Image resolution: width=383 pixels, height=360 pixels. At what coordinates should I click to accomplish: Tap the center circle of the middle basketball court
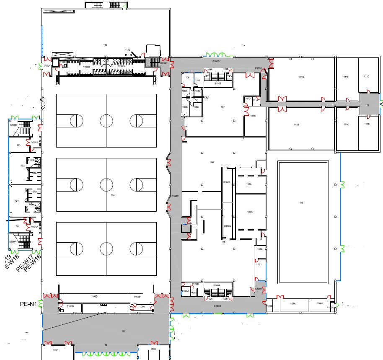pyautogui.click(x=106, y=184)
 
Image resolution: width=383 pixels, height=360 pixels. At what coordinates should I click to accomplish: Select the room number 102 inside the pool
pyautogui.click(x=301, y=203)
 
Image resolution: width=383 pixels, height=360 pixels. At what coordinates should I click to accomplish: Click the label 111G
pyautogui.click(x=301, y=77)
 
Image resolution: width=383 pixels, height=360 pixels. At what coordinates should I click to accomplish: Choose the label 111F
pyautogui.click(x=346, y=77)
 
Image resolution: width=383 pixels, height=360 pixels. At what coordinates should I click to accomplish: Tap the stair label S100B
pyautogui.click(x=218, y=84)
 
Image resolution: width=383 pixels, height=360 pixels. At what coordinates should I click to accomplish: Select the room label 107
pyautogui.click(x=223, y=107)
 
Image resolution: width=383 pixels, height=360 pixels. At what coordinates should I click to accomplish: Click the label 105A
pyautogui.click(x=250, y=212)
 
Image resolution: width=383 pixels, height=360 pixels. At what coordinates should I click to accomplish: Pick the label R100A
pyautogui.click(x=228, y=226)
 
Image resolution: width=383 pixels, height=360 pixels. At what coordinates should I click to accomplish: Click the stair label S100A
pyautogui.click(x=217, y=285)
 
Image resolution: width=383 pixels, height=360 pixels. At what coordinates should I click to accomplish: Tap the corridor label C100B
pyautogui.click(x=217, y=306)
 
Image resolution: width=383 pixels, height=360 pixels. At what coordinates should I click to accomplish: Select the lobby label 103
pyautogui.click(x=123, y=332)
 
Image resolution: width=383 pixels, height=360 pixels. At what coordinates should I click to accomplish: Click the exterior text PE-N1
pyautogui.click(x=28, y=303)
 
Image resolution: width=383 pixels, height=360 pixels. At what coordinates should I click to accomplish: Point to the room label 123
pyautogui.click(x=18, y=145)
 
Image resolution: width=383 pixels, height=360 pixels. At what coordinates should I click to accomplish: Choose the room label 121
pyautogui.click(x=17, y=201)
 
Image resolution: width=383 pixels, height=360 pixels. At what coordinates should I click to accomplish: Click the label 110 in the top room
pyautogui.click(x=105, y=44)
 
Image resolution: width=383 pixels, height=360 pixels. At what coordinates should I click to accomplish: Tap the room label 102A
pyautogui.click(x=292, y=303)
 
